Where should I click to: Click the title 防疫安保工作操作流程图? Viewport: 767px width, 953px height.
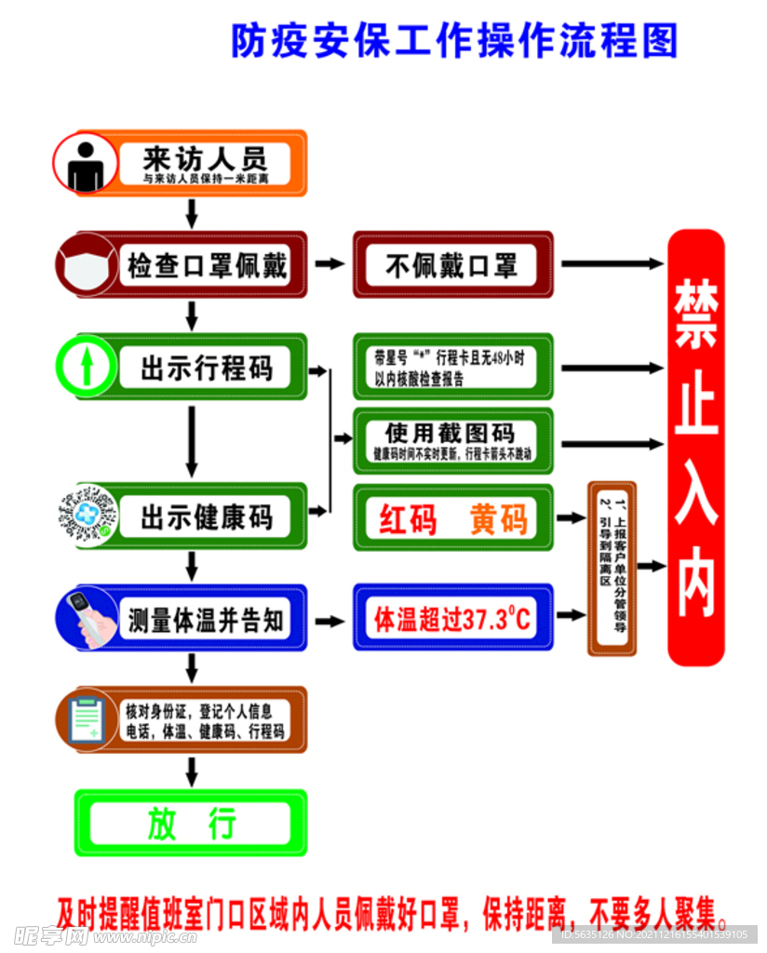[454, 42]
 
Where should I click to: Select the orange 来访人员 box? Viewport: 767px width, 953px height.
[205, 163]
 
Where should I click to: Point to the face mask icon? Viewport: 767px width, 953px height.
[87, 265]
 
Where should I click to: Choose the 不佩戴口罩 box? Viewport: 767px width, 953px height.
[452, 265]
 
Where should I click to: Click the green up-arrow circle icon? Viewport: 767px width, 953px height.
[86, 366]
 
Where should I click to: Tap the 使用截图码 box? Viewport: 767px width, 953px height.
[452, 440]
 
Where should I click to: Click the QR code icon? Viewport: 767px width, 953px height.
[86, 516]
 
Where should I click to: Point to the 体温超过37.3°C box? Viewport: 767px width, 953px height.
[452, 618]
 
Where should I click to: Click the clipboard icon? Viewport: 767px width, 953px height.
[87, 719]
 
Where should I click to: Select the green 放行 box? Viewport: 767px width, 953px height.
[191, 823]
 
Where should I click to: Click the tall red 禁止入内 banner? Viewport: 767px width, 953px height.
[696, 447]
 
